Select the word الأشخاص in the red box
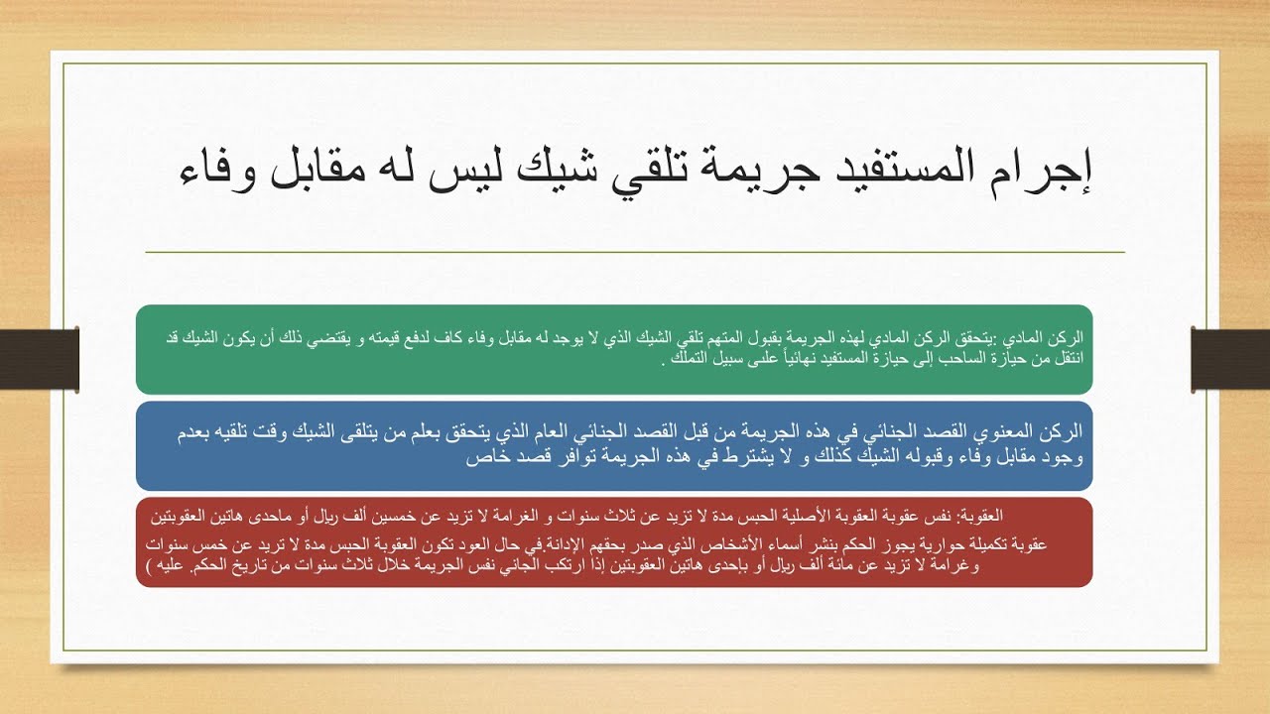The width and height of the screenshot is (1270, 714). (x=676, y=545)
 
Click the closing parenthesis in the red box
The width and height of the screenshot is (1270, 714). (x=149, y=567)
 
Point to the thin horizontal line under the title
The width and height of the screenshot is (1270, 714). (x=635, y=253)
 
